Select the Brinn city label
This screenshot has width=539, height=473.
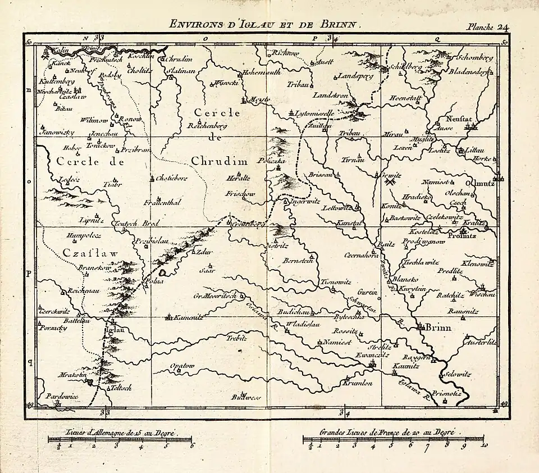click(x=438, y=328)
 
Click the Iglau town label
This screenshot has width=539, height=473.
click(x=113, y=330)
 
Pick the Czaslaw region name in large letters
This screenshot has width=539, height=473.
click(x=90, y=253)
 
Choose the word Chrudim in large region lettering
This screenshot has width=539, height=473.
click(x=220, y=161)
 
